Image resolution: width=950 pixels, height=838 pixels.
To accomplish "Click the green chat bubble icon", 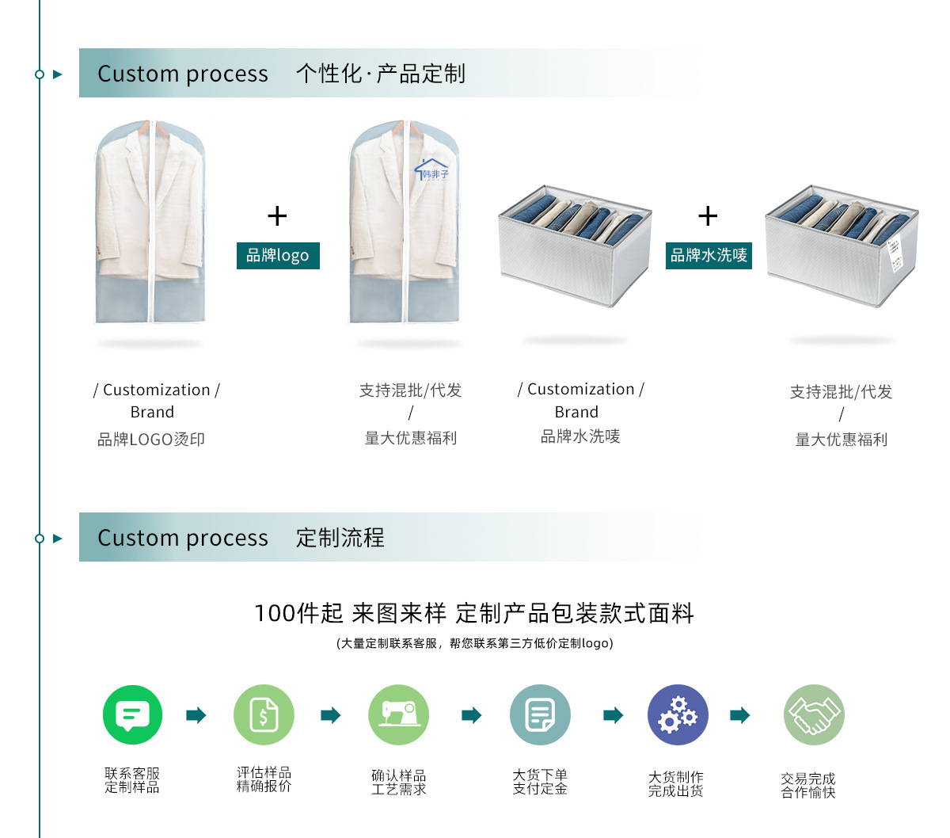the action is click(132, 714).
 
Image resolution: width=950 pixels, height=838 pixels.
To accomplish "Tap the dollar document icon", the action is click(264, 714).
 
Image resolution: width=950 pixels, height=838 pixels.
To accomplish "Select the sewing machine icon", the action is click(398, 714).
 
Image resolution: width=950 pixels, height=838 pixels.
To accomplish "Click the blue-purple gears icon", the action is click(678, 714).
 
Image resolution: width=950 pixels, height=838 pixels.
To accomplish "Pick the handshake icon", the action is click(814, 714).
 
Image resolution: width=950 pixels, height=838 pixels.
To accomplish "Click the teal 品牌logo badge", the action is click(278, 256).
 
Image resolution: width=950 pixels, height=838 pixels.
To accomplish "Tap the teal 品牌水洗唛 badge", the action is click(709, 256).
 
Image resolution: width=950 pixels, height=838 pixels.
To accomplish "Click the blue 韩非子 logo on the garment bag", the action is click(431, 170).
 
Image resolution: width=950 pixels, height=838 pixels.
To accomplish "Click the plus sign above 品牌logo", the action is click(277, 215).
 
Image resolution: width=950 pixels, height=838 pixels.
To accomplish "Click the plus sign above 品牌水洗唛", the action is click(708, 215).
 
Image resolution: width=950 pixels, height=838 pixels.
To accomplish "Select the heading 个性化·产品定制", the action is click(380, 74).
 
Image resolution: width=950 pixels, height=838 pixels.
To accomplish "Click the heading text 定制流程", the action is click(340, 538).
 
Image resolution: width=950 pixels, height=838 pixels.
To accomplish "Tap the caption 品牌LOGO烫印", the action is click(151, 440).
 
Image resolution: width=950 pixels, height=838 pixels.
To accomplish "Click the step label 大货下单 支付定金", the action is click(540, 782).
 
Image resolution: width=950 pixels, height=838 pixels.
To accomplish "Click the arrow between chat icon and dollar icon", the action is click(196, 715).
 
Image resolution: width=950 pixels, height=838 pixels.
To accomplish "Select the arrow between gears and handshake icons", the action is click(740, 715).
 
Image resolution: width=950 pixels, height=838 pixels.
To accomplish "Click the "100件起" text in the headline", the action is click(298, 613).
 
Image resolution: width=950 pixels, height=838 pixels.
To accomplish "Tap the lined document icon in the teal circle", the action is click(540, 714).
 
